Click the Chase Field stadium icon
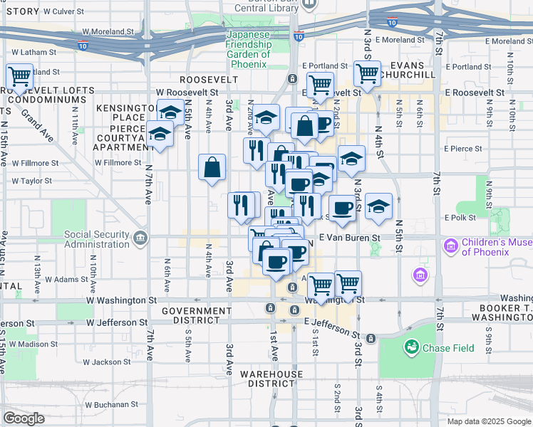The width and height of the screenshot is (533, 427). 411,347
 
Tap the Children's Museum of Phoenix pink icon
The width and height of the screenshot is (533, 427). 450,246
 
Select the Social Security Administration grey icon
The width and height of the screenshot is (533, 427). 140,236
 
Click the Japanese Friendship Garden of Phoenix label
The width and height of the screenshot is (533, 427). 248,49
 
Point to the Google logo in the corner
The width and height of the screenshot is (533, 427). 24,418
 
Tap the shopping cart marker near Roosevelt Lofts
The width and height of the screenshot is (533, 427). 19,75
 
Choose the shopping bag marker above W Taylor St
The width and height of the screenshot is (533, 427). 213,168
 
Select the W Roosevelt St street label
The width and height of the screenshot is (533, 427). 187,93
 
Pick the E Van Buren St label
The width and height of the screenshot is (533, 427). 351,237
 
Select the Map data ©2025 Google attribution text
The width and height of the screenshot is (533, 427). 489,421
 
